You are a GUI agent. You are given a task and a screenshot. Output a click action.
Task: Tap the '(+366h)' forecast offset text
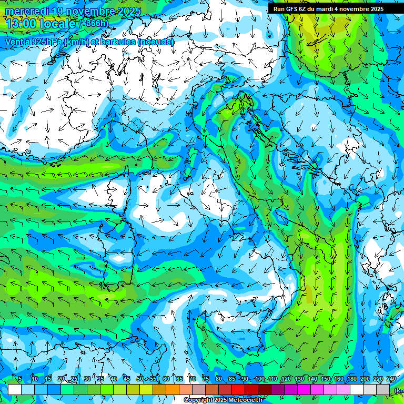(94, 23)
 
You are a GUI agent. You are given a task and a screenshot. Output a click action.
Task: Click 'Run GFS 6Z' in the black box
(290, 9)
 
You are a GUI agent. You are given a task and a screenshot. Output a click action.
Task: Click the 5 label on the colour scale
(20, 379)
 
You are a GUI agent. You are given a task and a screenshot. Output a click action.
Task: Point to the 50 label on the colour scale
(139, 379)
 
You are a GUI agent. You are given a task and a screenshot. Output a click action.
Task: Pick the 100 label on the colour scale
(260, 379)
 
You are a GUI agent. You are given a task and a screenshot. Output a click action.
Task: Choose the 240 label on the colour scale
(391, 379)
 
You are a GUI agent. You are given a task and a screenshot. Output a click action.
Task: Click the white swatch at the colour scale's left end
(15, 389)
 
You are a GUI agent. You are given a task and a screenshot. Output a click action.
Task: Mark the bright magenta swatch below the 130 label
(304, 389)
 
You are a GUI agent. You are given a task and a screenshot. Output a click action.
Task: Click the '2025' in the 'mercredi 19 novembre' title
(128, 11)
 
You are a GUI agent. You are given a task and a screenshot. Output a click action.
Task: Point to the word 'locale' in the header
(60, 23)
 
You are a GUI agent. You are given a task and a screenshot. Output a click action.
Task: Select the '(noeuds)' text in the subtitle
(156, 42)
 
